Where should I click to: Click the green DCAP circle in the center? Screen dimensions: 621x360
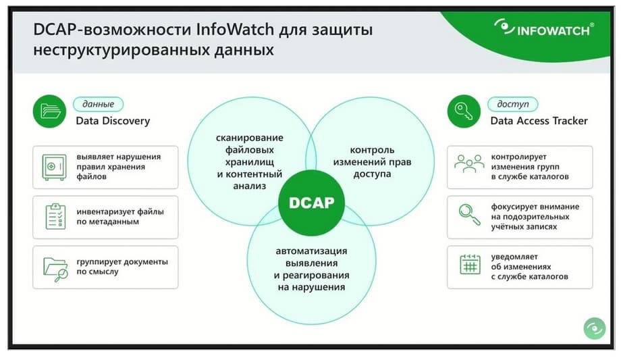311,203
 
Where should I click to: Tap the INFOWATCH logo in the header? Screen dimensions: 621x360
544,28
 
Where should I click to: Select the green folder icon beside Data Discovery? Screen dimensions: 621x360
49,111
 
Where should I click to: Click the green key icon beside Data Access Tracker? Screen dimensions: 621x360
464,111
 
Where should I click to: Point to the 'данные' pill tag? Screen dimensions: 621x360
99,104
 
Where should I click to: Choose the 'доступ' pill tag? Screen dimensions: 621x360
513,104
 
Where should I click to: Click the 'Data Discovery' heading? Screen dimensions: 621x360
113,121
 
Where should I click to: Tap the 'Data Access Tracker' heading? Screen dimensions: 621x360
539,121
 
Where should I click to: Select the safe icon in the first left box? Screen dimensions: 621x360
54,168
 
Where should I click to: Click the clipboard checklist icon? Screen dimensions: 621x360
55,217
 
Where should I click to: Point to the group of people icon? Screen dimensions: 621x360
469,163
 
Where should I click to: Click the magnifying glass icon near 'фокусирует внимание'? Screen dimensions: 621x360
469,215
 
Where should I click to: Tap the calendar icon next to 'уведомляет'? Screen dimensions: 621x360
470,264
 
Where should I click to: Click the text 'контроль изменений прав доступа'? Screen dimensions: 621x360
372,161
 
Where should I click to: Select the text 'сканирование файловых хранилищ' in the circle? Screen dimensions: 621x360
250,150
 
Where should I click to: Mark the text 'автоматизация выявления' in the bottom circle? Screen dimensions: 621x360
311,257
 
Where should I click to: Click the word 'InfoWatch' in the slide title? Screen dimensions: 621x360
235,29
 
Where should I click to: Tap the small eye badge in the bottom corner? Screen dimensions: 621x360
595,328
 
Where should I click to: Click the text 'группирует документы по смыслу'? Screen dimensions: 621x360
122,267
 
